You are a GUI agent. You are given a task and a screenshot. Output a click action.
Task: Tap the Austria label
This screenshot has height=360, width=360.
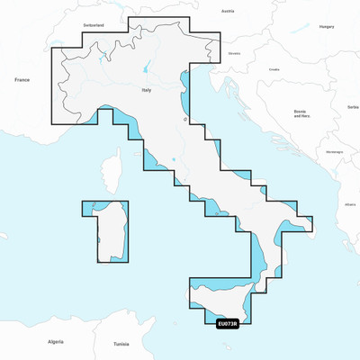(x=228, y=11)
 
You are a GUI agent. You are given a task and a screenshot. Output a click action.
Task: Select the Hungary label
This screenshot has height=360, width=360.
(x=327, y=27)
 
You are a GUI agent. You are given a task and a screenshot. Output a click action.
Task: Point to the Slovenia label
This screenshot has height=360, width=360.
(x=235, y=53)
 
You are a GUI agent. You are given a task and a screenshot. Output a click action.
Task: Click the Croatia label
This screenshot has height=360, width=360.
(x=274, y=69)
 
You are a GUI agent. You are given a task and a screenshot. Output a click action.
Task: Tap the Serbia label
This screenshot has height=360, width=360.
(x=352, y=107)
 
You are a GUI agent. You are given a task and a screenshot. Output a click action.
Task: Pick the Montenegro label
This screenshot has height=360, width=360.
(x=334, y=151)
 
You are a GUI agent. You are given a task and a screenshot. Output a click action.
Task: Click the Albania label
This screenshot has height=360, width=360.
(x=349, y=204)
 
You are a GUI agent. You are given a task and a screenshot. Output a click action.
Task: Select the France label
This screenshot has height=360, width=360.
(x=22, y=80)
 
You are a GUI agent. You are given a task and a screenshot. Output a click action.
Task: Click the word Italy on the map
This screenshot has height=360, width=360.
(x=147, y=91)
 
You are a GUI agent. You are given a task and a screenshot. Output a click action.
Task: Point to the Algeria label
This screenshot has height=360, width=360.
(x=56, y=342)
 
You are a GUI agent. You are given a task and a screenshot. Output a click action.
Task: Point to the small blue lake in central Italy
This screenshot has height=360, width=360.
(x=185, y=118)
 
